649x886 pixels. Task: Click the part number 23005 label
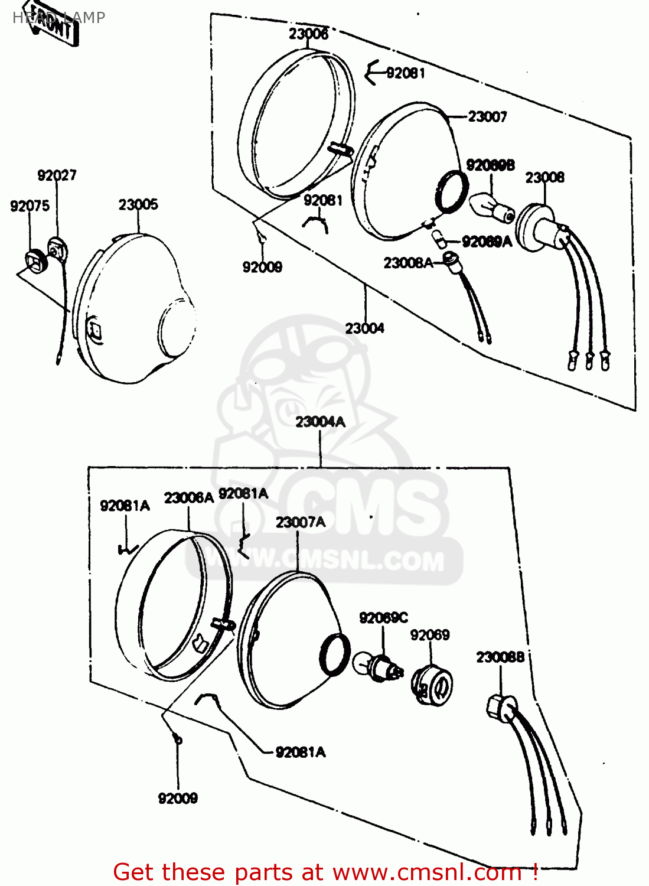138,205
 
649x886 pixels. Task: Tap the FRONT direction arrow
54,25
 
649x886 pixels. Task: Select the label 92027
57,175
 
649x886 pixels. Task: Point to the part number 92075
30,206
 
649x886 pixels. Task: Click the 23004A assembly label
320,422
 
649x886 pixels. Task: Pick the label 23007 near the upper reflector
487,117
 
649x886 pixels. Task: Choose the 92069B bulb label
490,165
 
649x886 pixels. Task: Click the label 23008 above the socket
544,178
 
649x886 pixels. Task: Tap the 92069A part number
487,242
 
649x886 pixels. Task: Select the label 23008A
408,263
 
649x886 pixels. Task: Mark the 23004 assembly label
364,328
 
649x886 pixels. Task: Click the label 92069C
383,618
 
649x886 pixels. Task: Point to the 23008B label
500,657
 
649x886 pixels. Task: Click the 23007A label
300,523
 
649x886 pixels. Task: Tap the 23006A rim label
188,498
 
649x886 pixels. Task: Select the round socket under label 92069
432,685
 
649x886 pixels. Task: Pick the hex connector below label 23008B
500,706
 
